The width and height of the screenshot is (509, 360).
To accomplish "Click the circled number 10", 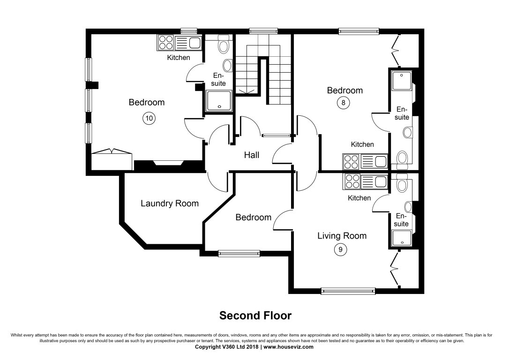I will (x=149, y=118).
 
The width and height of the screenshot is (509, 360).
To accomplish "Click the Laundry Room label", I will (x=170, y=203).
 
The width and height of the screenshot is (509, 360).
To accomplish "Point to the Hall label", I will (x=251, y=155).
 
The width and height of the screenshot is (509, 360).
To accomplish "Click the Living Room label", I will (x=342, y=235).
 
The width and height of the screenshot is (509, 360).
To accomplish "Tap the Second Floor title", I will (x=255, y=315).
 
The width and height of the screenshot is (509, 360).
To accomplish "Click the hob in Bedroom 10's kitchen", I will (x=165, y=43).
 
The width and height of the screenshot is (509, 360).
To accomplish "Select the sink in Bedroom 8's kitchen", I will (x=380, y=162).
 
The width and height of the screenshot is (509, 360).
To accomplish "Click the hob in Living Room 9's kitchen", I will (x=352, y=181).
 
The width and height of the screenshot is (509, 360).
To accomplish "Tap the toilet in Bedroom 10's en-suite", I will (x=224, y=45).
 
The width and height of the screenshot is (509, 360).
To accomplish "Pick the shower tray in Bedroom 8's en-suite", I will (x=401, y=81).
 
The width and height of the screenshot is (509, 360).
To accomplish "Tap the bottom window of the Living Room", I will (x=348, y=291).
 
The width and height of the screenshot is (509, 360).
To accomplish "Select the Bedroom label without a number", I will (x=253, y=217).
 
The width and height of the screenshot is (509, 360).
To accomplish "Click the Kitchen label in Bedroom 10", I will (x=179, y=58).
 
